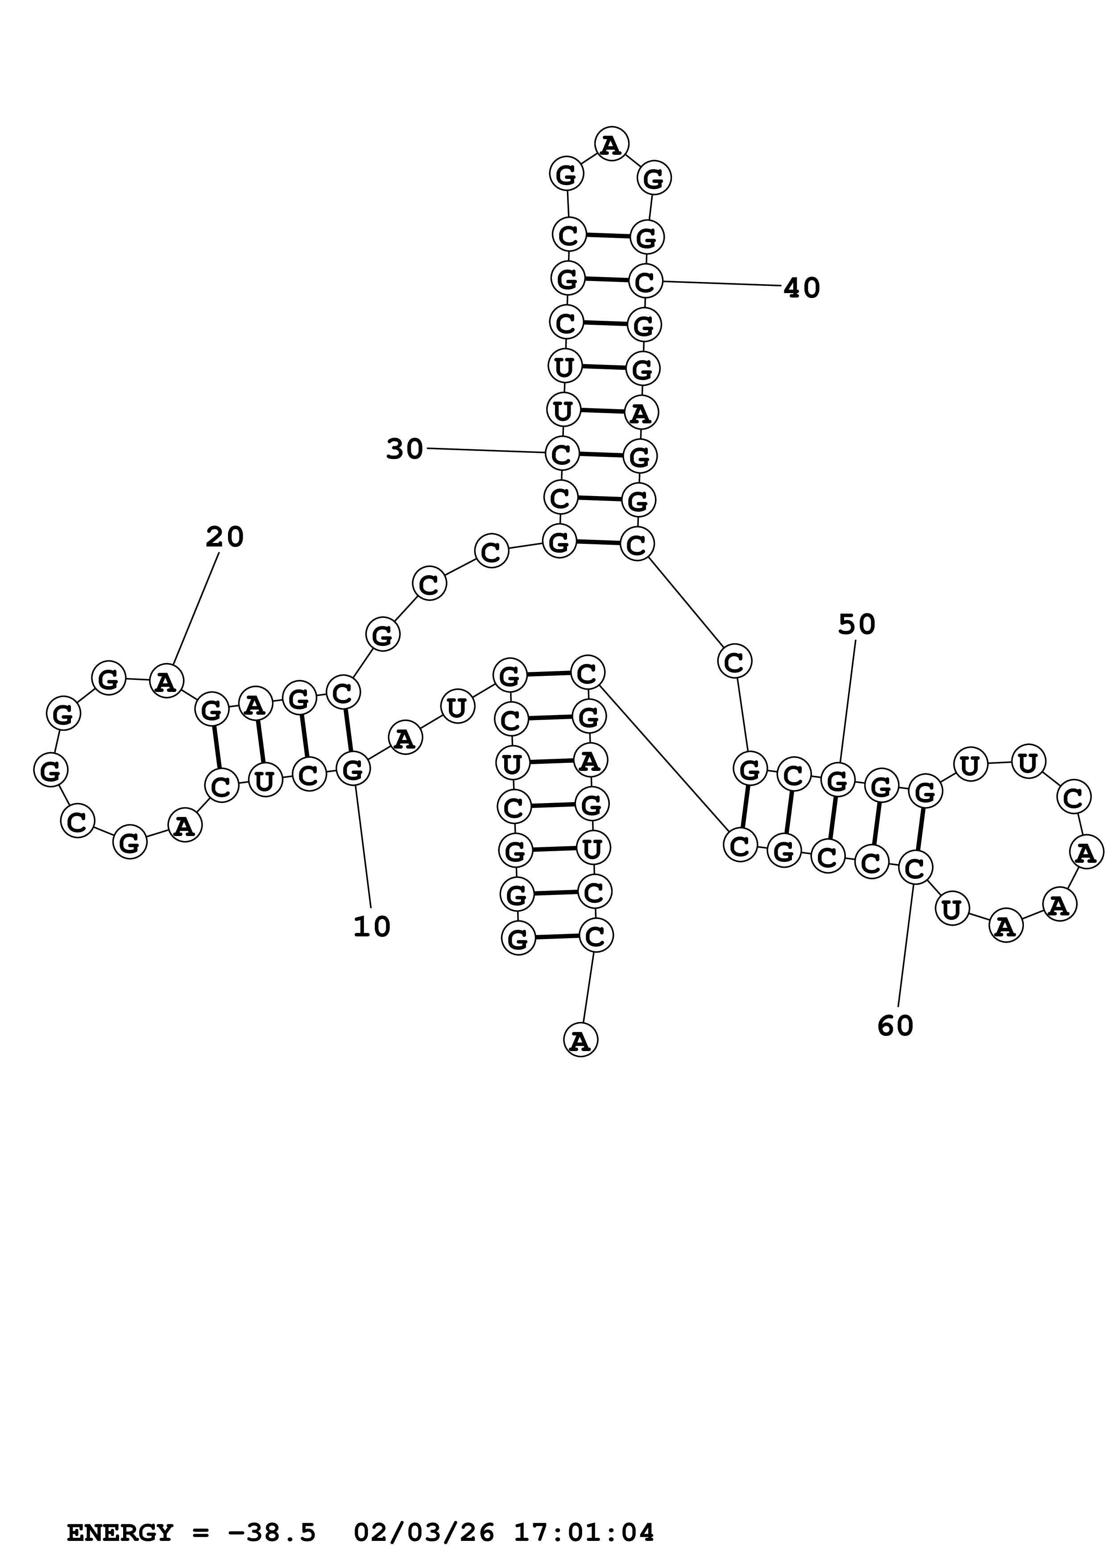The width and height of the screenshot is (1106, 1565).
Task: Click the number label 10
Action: coord(371,927)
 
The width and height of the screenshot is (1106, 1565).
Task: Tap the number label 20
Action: coord(224,538)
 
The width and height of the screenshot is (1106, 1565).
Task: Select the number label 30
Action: coord(405,450)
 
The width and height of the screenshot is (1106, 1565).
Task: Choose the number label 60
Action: coord(895,1026)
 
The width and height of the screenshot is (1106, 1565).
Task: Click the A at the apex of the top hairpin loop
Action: coord(611,145)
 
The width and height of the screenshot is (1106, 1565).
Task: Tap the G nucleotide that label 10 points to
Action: coord(352,770)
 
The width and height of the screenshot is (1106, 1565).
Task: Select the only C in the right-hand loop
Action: coord(1073,798)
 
